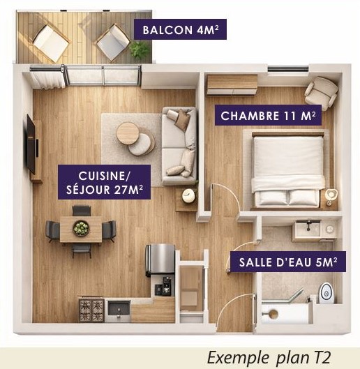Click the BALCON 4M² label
point(180,29)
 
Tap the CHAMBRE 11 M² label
point(268,115)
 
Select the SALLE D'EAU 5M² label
point(288,262)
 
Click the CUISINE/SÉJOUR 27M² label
point(105,182)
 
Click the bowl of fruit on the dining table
point(81,228)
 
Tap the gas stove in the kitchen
point(91,310)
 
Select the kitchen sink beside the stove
point(119,309)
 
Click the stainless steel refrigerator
point(160,259)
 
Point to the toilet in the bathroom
point(326,292)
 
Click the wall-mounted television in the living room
point(31,144)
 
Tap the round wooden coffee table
point(128,133)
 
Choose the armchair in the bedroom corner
point(321,93)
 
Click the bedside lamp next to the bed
point(331,195)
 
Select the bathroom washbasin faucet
point(308,225)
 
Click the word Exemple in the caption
point(238,358)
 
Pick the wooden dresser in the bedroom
point(232,84)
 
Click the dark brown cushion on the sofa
point(183,119)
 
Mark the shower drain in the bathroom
point(273,313)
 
